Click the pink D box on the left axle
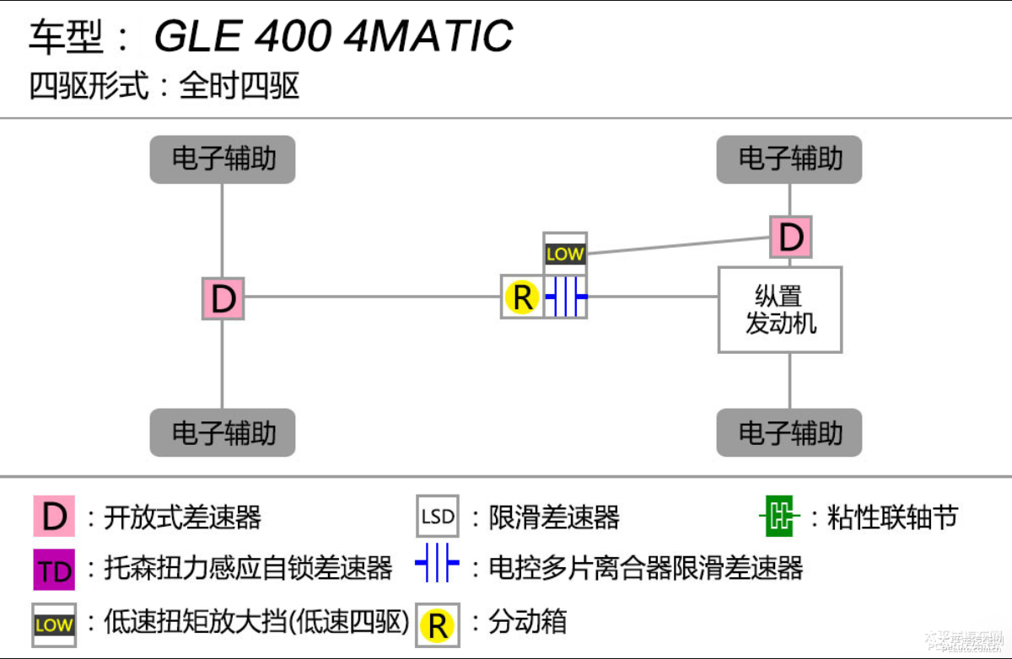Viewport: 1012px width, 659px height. [223, 298]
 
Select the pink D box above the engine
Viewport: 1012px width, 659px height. [790, 237]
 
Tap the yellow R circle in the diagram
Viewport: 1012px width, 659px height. [522, 297]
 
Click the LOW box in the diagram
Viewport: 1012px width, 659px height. [565, 254]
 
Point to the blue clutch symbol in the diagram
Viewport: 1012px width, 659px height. [566, 297]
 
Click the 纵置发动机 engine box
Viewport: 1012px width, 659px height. [780, 309]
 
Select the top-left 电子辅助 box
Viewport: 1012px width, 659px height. [223, 159]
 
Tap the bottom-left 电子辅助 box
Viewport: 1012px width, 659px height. [223, 432]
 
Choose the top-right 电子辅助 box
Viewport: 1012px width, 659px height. [789, 159]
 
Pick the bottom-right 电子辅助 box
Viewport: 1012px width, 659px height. [789, 432]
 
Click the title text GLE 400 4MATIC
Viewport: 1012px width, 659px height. [333, 36]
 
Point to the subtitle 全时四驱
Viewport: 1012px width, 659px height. [240, 87]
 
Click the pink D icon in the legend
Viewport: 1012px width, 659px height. [54, 517]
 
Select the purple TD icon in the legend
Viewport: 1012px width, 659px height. [54, 570]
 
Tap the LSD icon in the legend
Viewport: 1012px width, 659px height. [438, 517]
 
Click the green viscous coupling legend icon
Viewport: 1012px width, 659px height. [781, 517]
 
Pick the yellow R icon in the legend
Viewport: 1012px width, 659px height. [438, 624]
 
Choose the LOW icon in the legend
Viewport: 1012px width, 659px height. [54, 624]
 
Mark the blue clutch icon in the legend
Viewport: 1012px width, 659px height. [437, 565]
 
